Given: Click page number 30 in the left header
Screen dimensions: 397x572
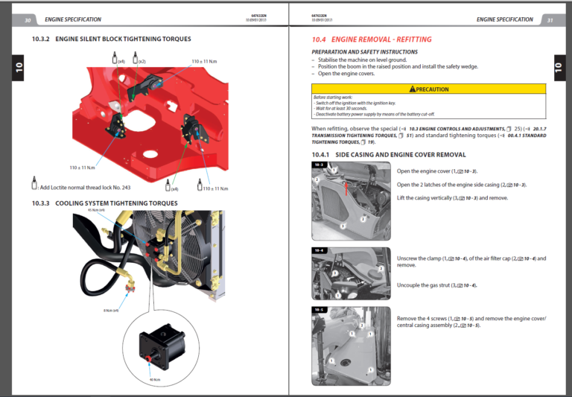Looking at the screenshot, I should pos(28,19).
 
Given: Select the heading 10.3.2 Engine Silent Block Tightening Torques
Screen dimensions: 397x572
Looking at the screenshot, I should pos(111,39).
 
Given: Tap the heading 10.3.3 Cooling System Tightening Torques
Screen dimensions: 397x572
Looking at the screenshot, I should pos(104,203).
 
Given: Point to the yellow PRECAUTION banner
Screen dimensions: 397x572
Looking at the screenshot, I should pos(428,89).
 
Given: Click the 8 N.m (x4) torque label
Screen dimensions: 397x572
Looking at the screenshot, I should pos(111,310).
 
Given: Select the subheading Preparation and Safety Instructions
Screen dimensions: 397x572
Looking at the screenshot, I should pos(364,52).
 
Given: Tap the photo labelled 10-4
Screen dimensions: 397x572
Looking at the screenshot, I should pos(350,273).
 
